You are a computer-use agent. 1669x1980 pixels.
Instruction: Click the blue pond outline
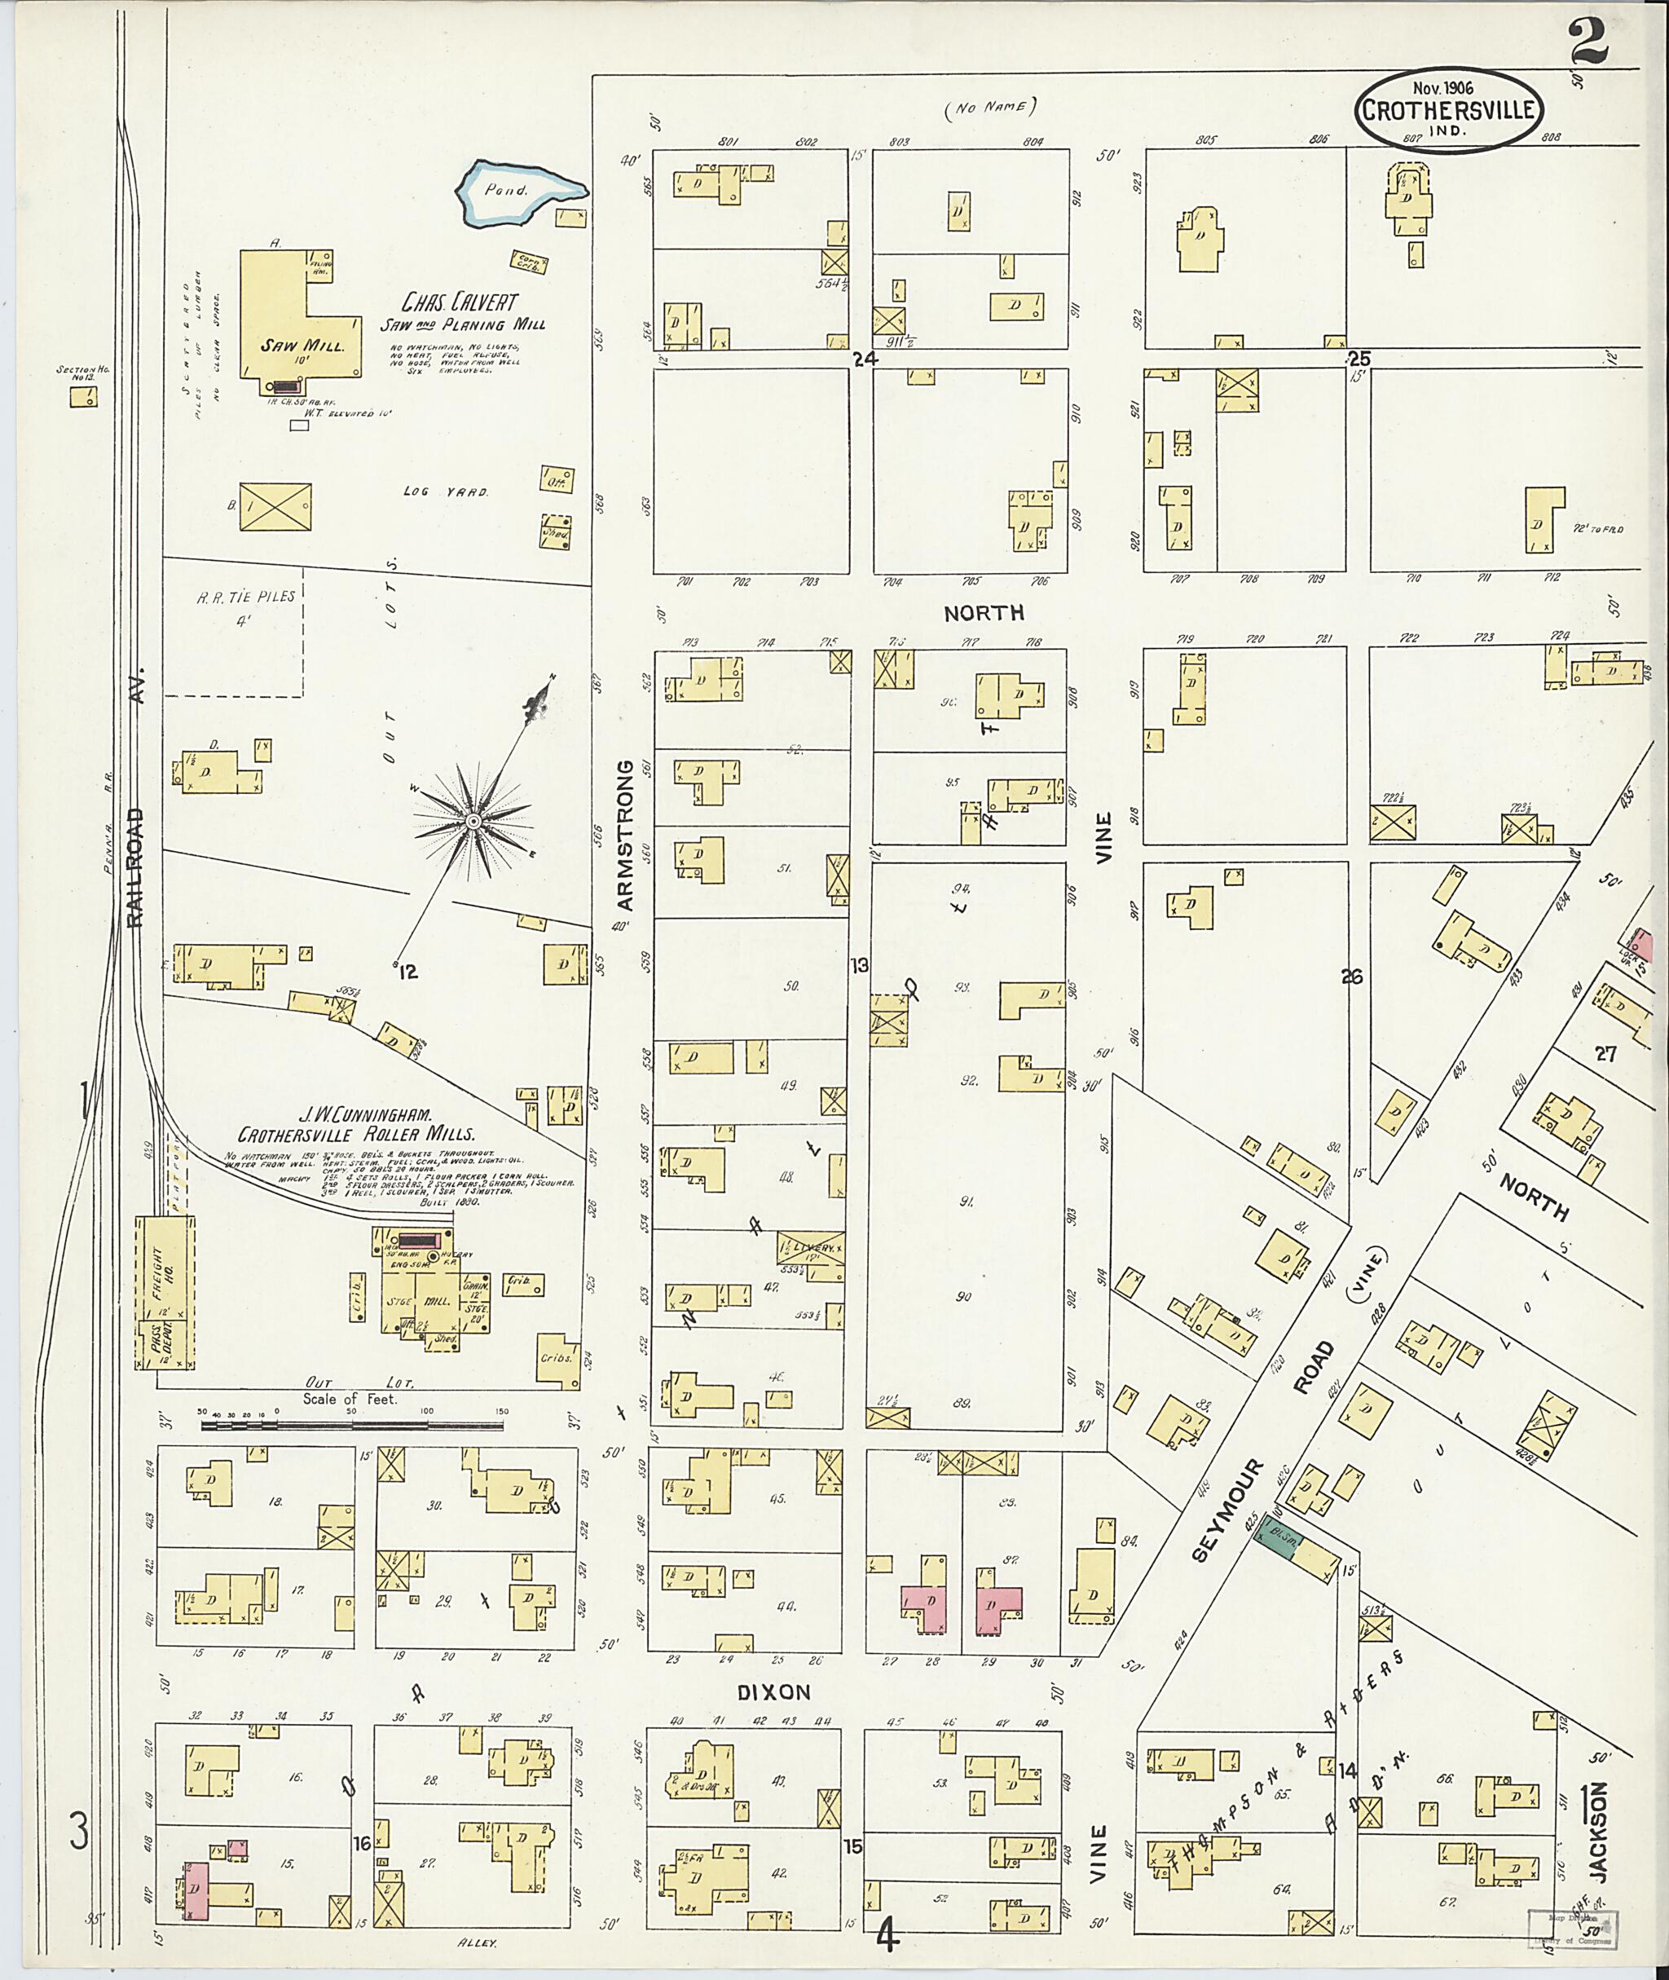pos(522,193)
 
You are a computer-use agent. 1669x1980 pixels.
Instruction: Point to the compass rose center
pos(470,820)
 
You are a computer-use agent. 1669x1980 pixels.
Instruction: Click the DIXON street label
pos(773,1692)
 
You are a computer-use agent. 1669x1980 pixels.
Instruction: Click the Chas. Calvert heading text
pos(460,303)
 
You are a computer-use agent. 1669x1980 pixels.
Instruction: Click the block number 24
pos(864,359)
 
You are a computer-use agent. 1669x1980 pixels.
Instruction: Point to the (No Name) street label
pos(991,107)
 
